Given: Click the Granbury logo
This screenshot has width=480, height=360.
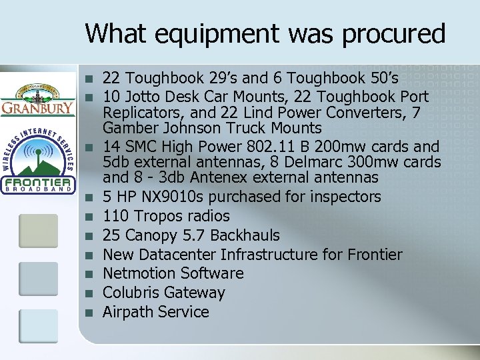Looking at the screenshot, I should [x=37, y=99].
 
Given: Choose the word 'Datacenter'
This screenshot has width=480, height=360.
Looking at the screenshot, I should [x=176, y=255].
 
